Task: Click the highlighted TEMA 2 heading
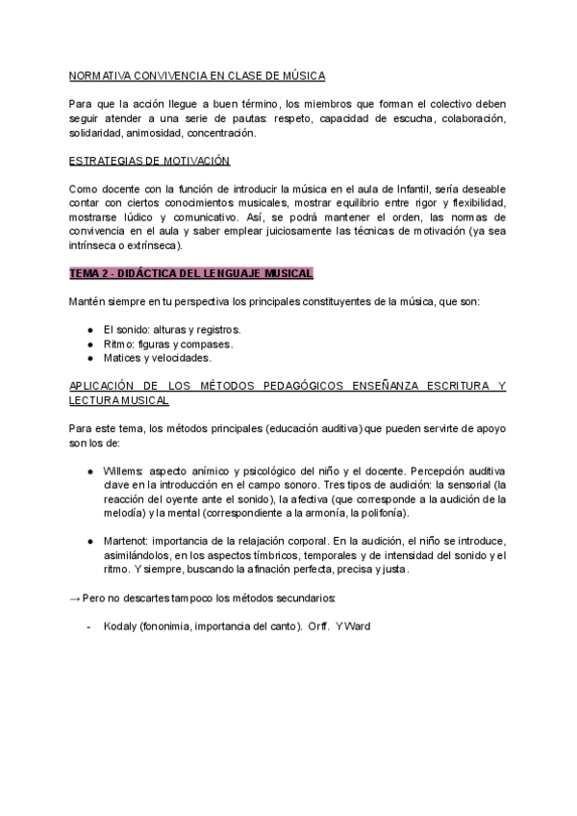click(192, 274)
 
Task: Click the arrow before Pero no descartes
click(76, 599)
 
